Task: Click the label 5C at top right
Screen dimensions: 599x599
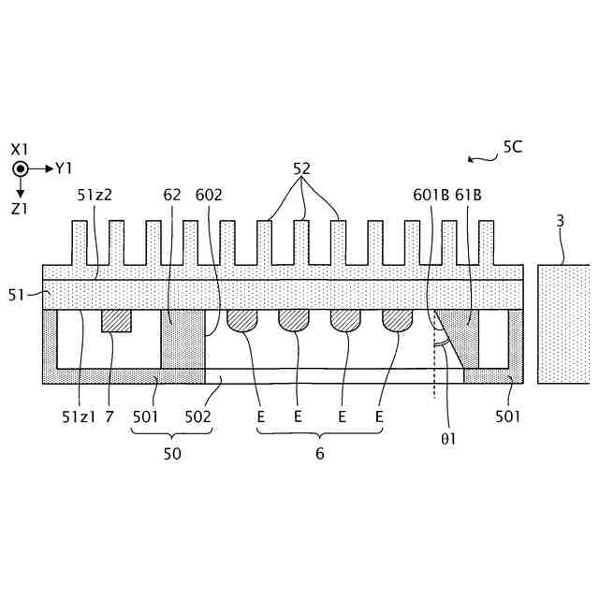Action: pos(513,146)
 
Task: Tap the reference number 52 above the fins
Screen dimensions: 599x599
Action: pos(301,168)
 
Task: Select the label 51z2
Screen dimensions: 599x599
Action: pos(95,196)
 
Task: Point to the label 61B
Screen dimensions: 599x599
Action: pos(468,196)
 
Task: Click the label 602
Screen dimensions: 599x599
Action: pos(209,196)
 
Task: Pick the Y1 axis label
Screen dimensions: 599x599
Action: pos(64,168)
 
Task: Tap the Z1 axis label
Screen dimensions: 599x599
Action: pos(21,210)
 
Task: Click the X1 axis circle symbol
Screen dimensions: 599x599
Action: pos(21,168)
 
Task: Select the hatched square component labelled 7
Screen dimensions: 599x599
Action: pos(116,320)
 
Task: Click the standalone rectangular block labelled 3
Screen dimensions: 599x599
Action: pos(563,324)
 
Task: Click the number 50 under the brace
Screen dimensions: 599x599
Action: pos(172,454)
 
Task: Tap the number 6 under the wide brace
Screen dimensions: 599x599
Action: pos(319,454)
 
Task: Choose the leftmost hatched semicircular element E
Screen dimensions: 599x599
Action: pos(243,320)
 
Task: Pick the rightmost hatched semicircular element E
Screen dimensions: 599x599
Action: pos(397,320)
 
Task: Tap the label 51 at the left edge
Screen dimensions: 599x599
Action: pos(16,295)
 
